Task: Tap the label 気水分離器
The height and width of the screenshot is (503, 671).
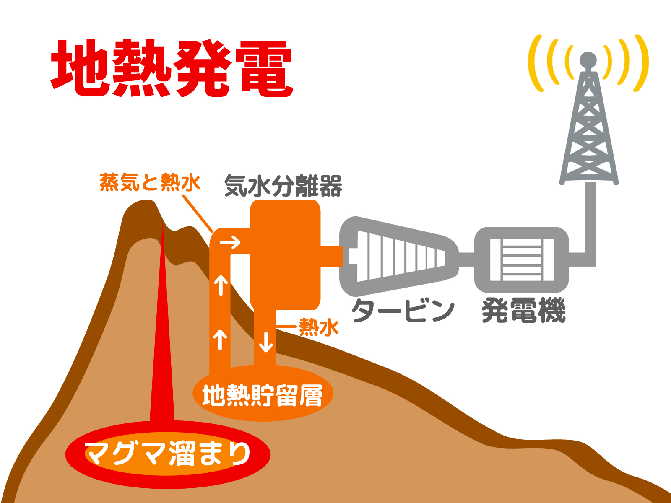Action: tap(283, 185)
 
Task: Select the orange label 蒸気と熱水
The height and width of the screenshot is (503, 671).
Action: tap(150, 182)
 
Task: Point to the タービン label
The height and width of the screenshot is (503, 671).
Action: tap(403, 310)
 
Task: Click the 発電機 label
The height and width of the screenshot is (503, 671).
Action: tap(524, 310)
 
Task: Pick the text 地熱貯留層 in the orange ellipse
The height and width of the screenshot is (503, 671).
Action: tap(262, 396)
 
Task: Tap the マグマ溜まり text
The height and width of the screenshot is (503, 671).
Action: tap(167, 454)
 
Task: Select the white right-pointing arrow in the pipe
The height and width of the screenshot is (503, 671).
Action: tap(230, 243)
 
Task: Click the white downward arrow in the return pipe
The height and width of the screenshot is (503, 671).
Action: tap(265, 342)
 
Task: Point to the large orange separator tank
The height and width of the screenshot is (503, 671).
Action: tap(285, 254)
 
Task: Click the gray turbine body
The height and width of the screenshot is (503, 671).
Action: tap(399, 257)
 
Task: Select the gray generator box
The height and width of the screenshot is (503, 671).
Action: tap(522, 259)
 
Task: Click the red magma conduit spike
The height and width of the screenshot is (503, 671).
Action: tap(162, 321)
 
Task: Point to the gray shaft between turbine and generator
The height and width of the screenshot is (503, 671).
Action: tap(466, 259)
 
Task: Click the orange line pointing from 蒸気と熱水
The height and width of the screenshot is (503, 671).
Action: tap(198, 214)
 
